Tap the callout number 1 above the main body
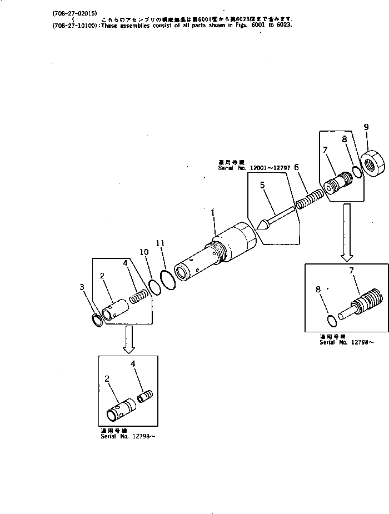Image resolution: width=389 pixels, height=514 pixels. click(x=212, y=212)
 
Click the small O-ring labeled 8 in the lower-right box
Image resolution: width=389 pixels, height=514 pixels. click(x=332, y=320)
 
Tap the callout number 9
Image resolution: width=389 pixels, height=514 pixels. click(x=366, y=127)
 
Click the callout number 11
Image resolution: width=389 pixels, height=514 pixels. click(x=160, y=243)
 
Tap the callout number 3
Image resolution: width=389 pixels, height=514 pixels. click(x=82, y=287)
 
